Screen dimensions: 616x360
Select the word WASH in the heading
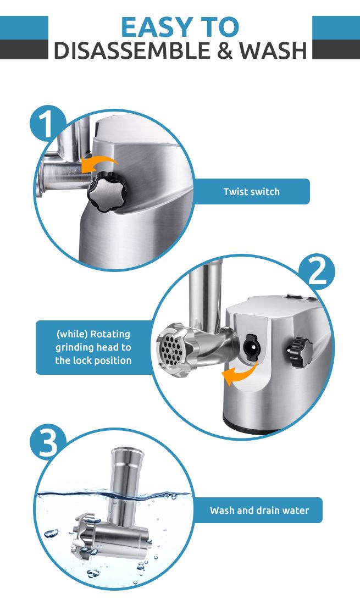click(x=273, y=51)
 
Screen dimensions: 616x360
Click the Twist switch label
click(x=251, y=192)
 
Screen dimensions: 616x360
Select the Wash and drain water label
click(x=259, y=510)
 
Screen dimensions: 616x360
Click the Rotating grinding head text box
click(x=93, y=347)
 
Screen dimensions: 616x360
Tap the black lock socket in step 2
click(x=252, y=348)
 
